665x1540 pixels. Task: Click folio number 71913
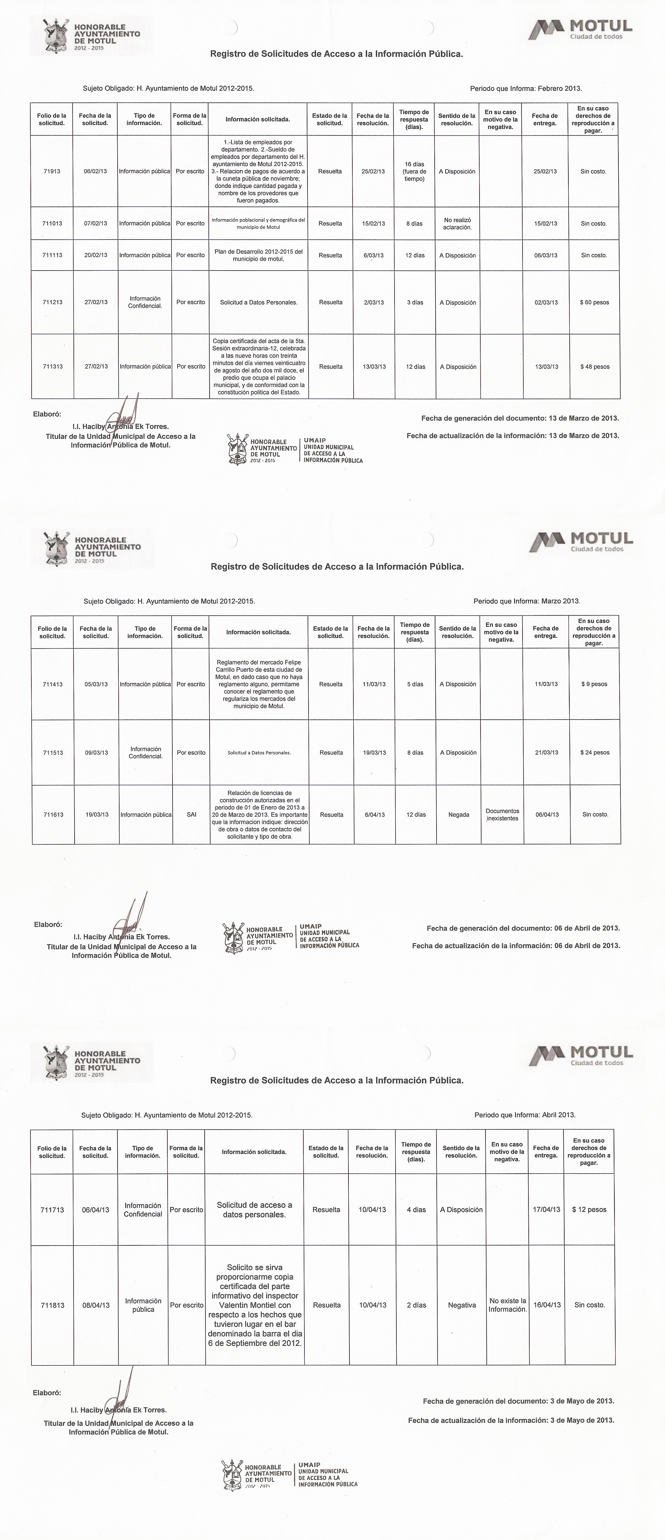(x=52, y=172)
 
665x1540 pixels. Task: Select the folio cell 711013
(x=52, y=224)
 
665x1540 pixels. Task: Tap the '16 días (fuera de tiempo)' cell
(x=414, y=172)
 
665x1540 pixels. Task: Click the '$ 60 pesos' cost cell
(x=594, y=303)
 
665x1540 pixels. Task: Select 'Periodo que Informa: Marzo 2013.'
(x=526, y=601)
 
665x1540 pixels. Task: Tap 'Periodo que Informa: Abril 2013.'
(x=524, y=1115)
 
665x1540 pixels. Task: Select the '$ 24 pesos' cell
(x=594, y=753)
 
